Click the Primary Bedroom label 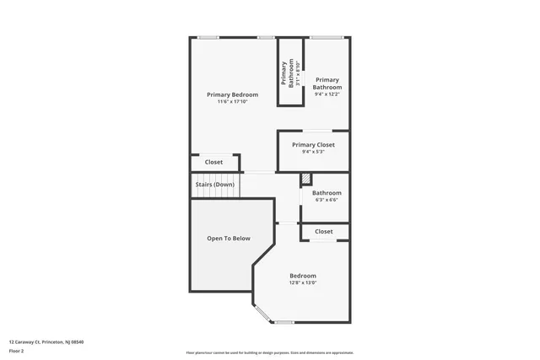point(232,94)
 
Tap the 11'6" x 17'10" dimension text point(232,102)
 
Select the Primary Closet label point(313,145)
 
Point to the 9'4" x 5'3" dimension point(313,152)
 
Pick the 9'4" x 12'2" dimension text point(327,94)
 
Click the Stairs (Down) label point(215,184)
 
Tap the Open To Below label point(229,239)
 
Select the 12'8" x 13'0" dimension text point(303,283)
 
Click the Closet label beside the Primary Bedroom point(213,162)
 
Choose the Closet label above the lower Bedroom point(324,231)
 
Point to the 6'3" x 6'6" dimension point(327,200)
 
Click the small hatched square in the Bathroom point(306,179)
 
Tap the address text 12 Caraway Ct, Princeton point(46,341)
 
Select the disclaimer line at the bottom point(270,352)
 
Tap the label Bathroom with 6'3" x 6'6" point(327,192)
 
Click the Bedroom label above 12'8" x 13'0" point(303,276)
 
